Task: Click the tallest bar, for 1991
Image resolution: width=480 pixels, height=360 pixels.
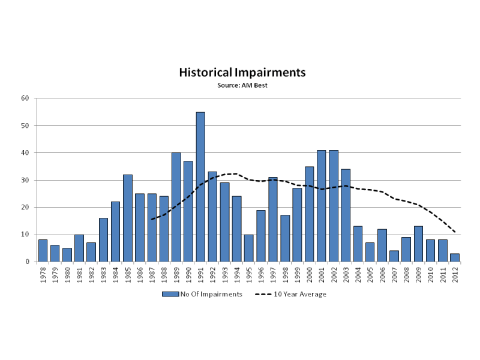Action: tap(200, 187)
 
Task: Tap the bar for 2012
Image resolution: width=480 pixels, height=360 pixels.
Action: tap(455, 257)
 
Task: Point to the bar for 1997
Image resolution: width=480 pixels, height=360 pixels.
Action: tap(273, 219)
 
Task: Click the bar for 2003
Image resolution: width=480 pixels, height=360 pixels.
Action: tap(346, 215)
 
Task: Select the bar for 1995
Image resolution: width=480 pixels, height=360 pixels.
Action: tap(248, 248)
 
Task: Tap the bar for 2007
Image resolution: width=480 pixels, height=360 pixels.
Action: tap(394, 256)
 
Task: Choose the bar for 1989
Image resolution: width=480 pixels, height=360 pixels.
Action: tap(176, 207)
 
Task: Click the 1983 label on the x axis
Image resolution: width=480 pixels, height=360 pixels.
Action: tap(103, 275)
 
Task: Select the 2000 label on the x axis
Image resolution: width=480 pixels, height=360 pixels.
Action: tap(310, 275)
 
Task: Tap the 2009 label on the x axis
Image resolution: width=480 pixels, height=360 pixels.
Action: tap(419, 275)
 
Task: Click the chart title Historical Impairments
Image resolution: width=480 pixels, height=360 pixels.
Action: tap(242, 73)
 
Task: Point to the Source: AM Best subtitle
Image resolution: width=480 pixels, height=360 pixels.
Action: tap(242, 85)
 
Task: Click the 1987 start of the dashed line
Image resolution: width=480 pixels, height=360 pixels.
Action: tap(152, 219)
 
